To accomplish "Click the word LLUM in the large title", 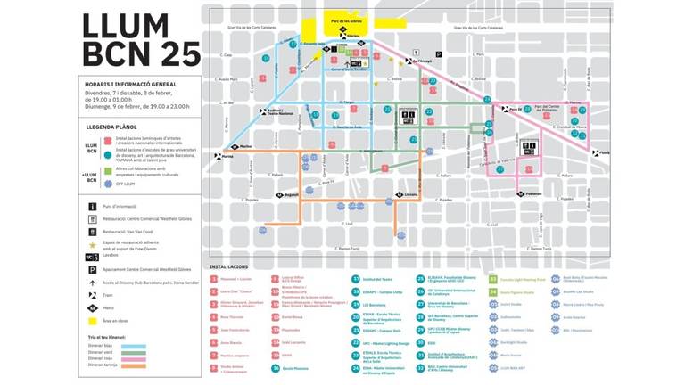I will tap(126, 27).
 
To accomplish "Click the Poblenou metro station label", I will tap(533, 193).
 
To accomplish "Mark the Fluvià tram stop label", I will tap(605, 152).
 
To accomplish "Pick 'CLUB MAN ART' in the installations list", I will tap(512, 366).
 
